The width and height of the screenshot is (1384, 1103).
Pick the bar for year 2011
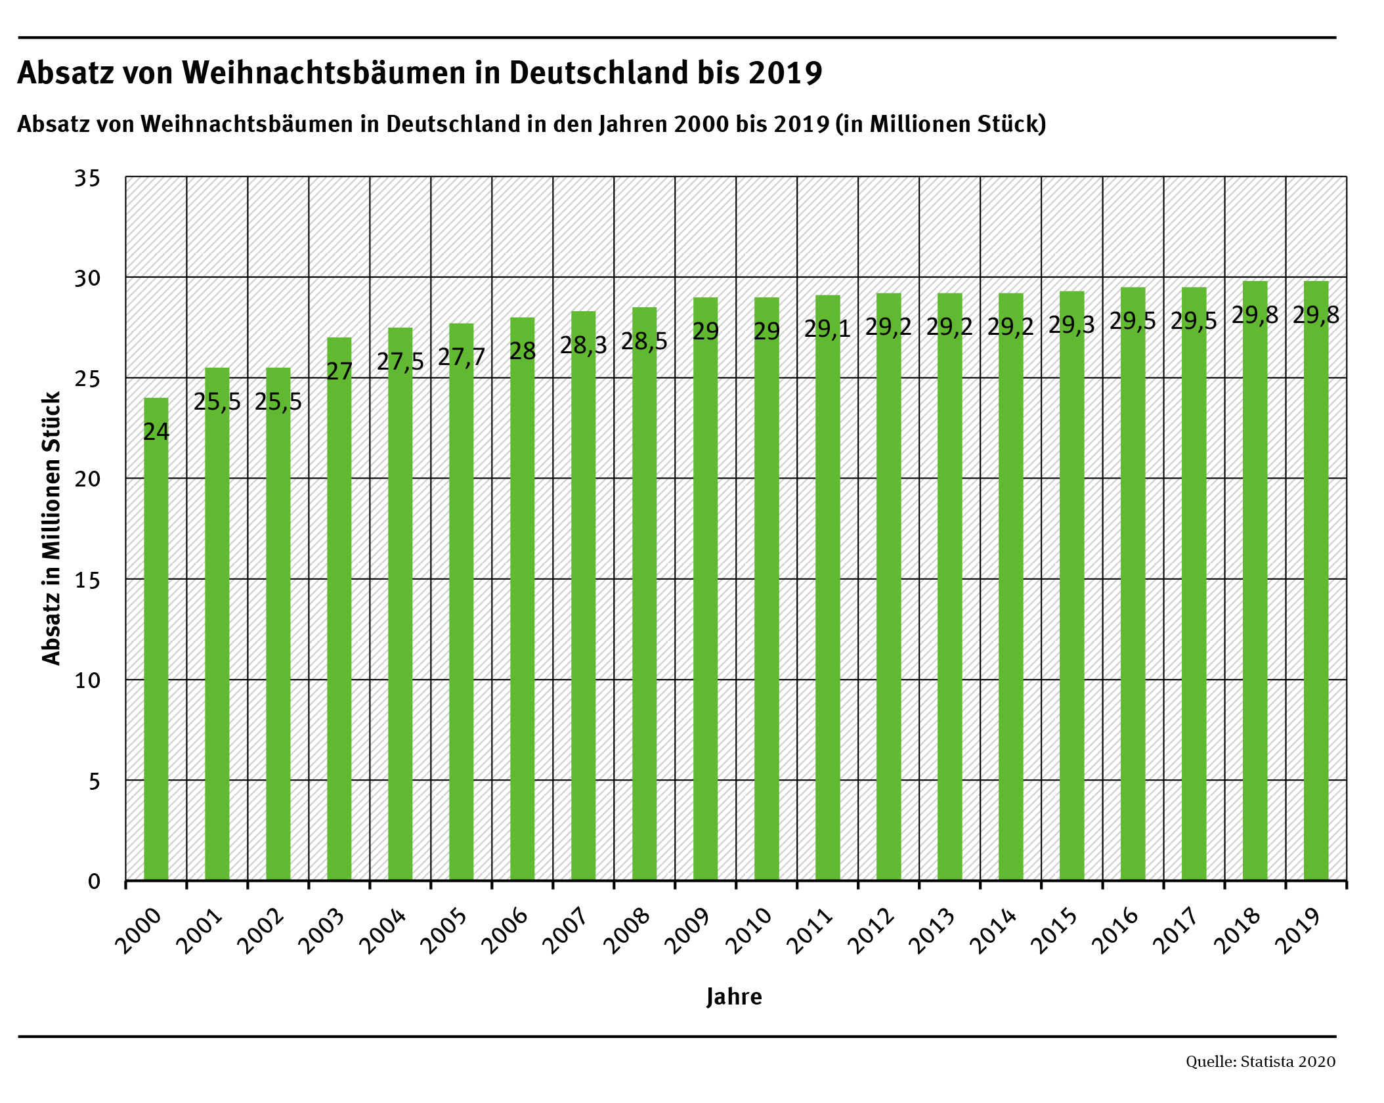click(x=827, y=591)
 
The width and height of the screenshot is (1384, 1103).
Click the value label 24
click(x=156, y=431)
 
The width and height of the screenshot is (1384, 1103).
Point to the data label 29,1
click(x=827, y=328)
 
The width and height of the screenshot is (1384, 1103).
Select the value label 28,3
click(x=583, y=345)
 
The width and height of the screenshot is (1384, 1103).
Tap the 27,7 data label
click(x=461, y=357)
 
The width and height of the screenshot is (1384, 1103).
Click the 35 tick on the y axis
click(x=87, y=178)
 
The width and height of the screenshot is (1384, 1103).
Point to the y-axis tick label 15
click(x=87, y=580)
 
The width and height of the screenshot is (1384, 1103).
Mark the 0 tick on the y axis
click(x=94, y=881)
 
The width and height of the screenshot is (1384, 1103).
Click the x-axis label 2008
click(x=626, y=931)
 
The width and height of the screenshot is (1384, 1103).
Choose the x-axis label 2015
click(x=1054, y=931)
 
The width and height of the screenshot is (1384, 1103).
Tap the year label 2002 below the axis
click(x=260, y=931)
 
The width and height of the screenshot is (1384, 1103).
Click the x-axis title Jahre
click(x=734, y=997)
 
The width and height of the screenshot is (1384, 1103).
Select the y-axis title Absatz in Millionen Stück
click(x=51, y=529)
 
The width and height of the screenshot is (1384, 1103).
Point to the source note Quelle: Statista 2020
click(x=1260, y=1062)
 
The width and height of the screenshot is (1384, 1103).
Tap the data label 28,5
click(x=644, y=341)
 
